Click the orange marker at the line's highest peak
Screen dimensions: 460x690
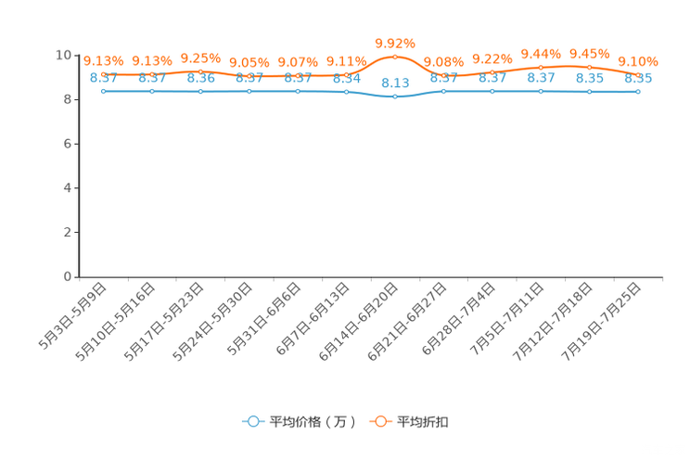click(x=395, y=57)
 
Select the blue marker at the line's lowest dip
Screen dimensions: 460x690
click(x=395, y=96)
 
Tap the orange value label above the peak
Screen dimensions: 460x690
click(x=395, y=43)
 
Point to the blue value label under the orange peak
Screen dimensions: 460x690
click(x=395, y=82)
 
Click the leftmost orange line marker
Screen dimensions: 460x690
click(x=103, y=73)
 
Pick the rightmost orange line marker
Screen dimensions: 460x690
click(x=638, y=74)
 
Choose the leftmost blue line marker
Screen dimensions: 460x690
click(x=103, y=91)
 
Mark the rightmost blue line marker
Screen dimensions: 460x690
click(x=638, y=92)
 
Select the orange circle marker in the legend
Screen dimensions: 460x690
click(x=380, y=421)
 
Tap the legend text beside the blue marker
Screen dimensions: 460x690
click(x=313, y=422)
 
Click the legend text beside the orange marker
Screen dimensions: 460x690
click(x=425, y=422)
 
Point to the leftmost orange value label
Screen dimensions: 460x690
click(x=103, y=60)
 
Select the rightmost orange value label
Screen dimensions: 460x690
click(x=638, y=61)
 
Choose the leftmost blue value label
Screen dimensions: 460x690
click(x=103, y=78)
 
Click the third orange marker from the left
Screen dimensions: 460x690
click(x=200, y=70)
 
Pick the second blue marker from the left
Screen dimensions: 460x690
click(x=151, y=91)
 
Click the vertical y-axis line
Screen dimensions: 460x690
click(x=79, y=167)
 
